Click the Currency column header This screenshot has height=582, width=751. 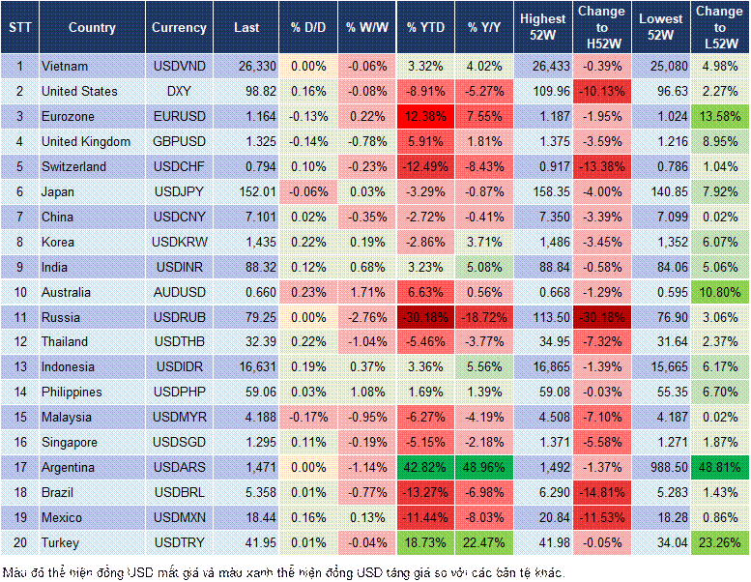click(179, 28)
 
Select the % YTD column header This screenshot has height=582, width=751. click(426, 28)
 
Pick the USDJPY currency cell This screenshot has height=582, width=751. click(179, 191)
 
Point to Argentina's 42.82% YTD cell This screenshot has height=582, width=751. click(426, 467)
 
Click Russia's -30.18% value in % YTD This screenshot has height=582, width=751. click(426, 317)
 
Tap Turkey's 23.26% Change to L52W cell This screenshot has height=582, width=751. click(720, 542)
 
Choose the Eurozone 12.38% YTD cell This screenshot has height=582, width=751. click(426, 117)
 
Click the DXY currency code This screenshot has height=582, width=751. click(179, 92)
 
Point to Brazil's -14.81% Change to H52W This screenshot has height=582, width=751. click(602, 492)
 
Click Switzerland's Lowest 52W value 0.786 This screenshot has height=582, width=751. click(661, 167)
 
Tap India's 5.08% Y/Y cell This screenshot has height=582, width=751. click(486, 267)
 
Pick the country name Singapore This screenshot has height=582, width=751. click(70, 442)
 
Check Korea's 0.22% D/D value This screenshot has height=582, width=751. click(309, 242)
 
